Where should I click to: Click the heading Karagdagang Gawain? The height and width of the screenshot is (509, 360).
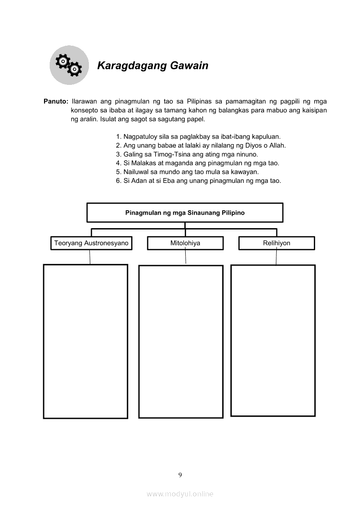tap(153, 66)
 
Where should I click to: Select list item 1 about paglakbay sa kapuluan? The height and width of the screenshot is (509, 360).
tap(198, 136)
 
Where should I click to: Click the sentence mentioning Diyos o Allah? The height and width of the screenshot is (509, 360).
tap(201, 145)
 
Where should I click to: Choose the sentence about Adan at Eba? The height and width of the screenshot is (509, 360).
tap(198, 181)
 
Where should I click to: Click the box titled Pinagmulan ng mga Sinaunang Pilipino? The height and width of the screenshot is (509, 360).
tap(185, 213)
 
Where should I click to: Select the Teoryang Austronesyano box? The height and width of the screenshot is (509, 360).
tap(91, 243)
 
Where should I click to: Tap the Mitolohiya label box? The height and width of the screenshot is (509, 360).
tap(185, 243)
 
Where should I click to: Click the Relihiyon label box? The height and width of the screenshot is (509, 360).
tap(276, 243)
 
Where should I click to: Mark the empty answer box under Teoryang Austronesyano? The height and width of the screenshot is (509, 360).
tap(85, 341)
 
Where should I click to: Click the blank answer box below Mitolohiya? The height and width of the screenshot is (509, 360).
tap(181, 341)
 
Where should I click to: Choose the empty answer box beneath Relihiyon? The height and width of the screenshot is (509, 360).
tap(273, 340)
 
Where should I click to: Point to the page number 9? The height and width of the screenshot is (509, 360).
tap(180, 475)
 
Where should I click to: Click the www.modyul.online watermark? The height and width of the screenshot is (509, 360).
tap(180, 494)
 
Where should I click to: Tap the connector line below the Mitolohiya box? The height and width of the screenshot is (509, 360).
tap(186, 257)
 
